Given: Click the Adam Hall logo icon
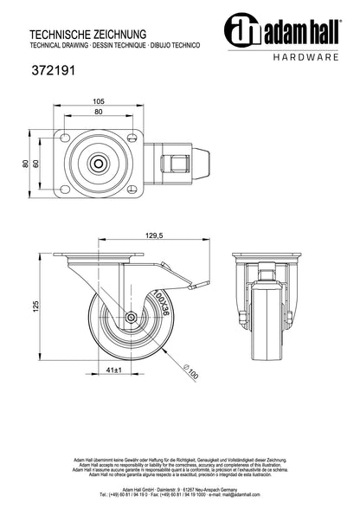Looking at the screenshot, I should pos(238,30).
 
